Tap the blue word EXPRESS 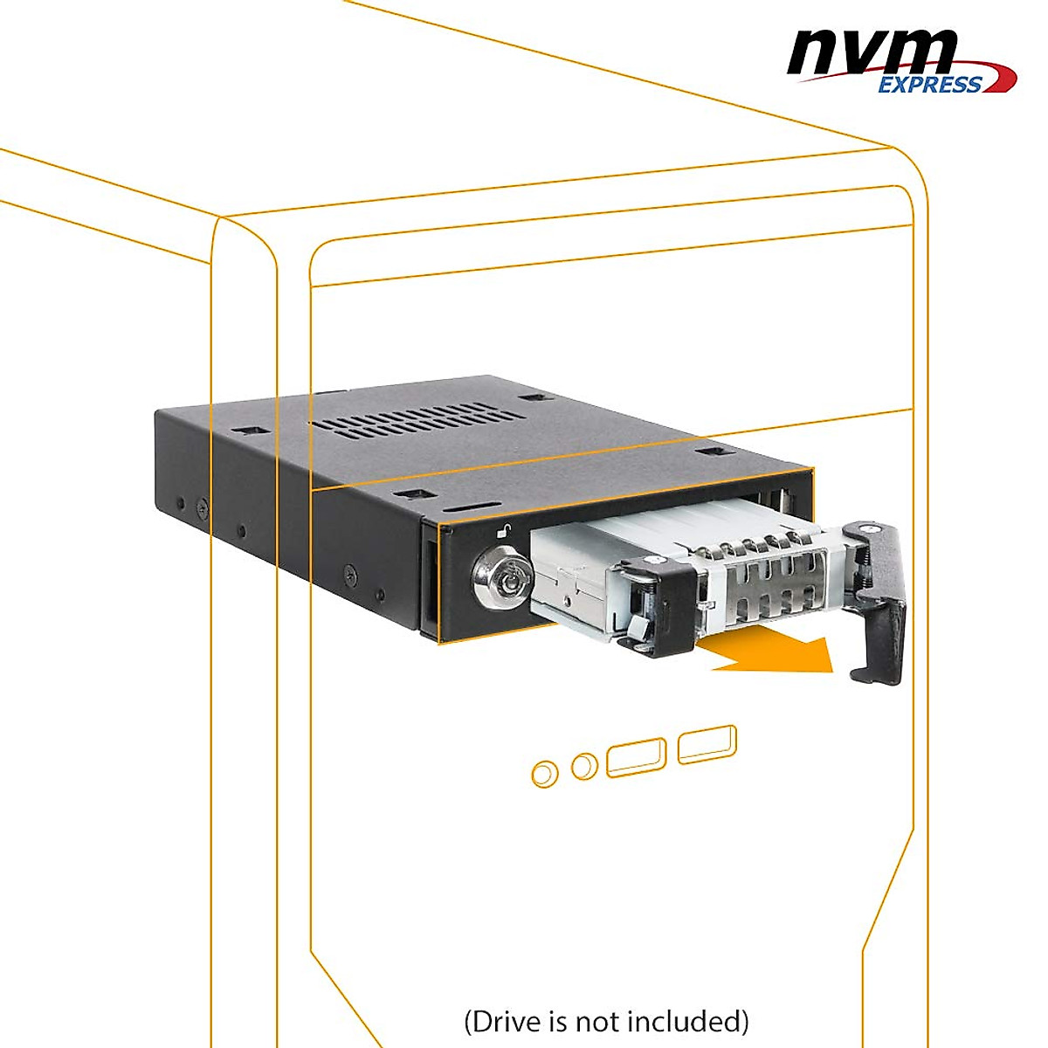[x=929, y=85]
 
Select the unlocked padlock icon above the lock [x=504, y=530]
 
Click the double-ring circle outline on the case [x=545, y=774]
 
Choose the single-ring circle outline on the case [x=584, y=767]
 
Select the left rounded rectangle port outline [x=636, y=756]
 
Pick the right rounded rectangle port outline [x=707, y=745]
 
